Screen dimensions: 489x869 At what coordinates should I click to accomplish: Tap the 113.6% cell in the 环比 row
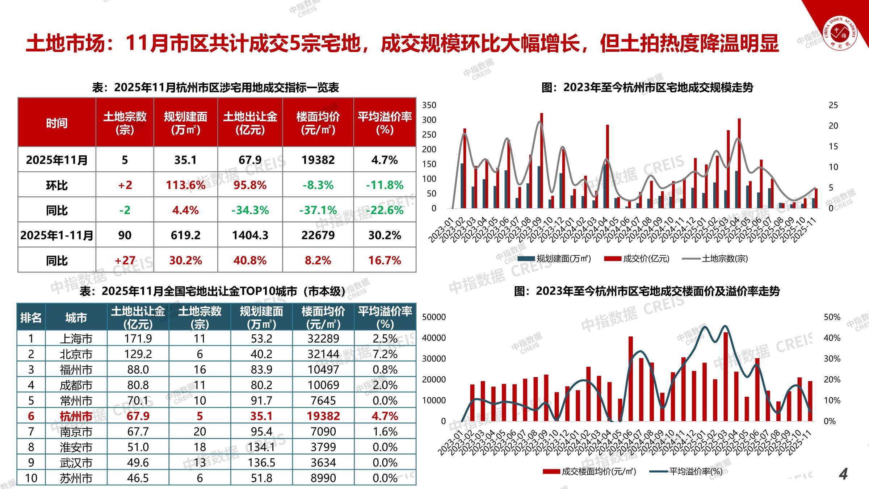[185, 185]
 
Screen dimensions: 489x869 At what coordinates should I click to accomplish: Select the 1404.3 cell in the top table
[250, 235]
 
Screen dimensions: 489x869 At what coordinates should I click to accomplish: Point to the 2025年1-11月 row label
[57, 235]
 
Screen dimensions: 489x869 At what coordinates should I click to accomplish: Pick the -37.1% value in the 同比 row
[318, 210]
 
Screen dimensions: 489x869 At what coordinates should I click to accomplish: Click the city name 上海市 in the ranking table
[76, 339]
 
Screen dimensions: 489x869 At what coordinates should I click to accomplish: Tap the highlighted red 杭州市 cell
[76, 416]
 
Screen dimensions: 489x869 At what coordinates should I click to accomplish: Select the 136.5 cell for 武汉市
[261, 463]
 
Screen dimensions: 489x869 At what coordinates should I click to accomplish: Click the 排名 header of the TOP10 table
[31, 318]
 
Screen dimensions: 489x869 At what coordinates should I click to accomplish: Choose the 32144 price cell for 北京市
[323, 354]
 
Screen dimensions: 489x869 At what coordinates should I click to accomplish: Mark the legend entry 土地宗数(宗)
[725, 259]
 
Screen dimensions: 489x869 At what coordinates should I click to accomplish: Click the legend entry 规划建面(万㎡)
[563, 259]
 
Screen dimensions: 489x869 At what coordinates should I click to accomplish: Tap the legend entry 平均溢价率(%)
[695, 471]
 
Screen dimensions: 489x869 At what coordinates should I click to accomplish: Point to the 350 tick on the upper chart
[429, 105]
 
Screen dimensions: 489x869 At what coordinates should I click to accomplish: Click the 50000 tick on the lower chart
[434, 317]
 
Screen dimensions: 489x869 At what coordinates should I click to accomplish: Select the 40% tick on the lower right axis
[832, 338]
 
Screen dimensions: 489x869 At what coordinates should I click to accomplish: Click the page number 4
[843, 474]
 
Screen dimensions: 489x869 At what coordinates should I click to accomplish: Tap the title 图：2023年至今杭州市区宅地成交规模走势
[647, 87]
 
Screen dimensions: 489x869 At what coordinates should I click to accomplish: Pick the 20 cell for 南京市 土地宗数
[200, 431]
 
